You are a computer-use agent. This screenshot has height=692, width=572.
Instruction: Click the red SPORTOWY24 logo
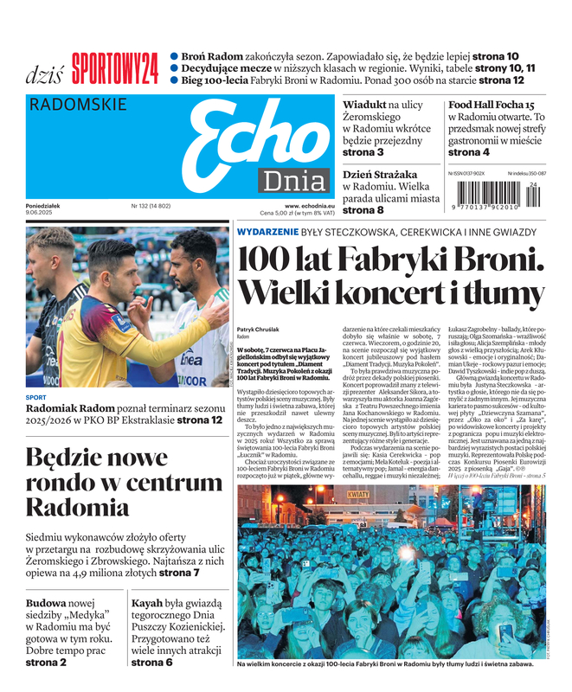115,68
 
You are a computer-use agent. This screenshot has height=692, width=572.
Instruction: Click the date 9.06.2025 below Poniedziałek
43,213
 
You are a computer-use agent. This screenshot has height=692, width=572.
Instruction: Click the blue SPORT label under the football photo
36,398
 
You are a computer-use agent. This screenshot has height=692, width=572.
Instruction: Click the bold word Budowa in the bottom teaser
46,602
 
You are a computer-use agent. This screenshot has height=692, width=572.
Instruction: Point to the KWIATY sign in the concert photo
358,495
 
